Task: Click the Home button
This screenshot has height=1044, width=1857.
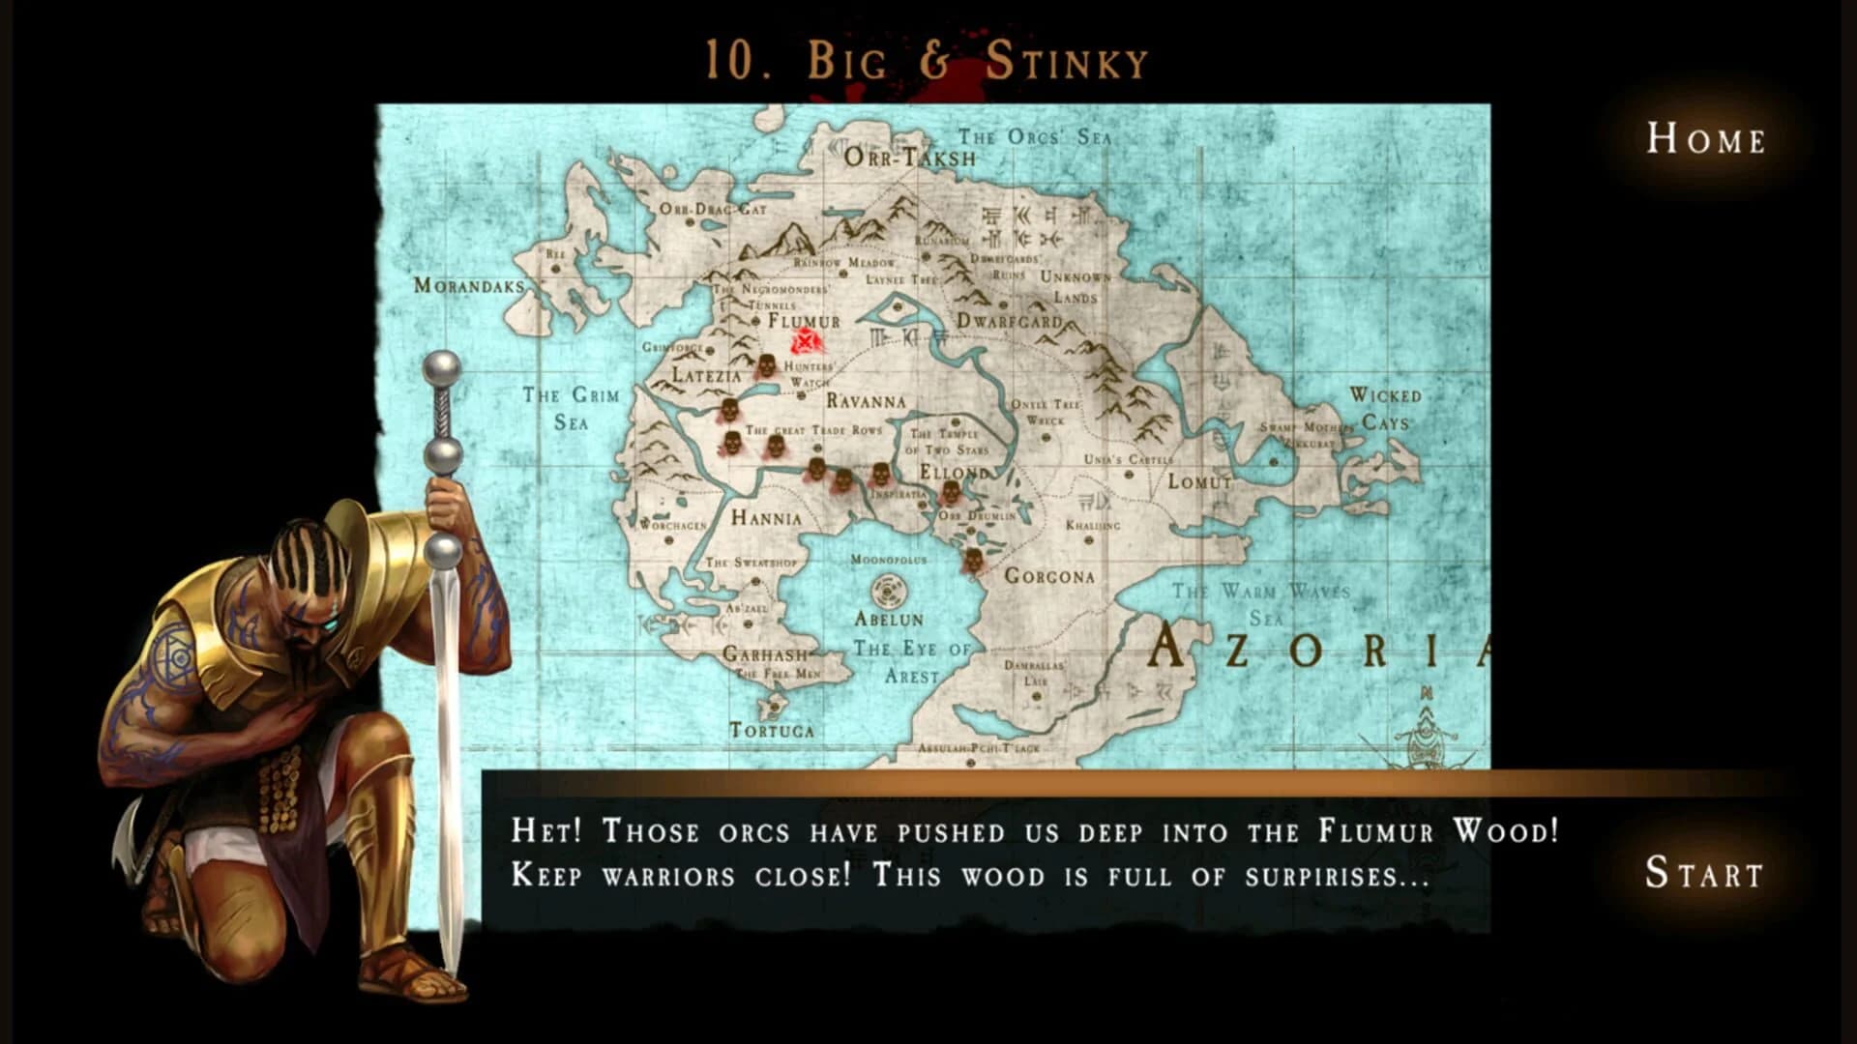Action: click(x=1706, y=139)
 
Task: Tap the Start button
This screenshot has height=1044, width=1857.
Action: click(x=1704, y=873)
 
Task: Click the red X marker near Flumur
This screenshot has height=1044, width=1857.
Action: click(x=806, y=341)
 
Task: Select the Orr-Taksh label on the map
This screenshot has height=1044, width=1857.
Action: click(x=909, y=157)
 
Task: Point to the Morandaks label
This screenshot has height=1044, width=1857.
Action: click(x=469, y=285)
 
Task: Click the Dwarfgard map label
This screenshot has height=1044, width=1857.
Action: click(x=1009, y=320)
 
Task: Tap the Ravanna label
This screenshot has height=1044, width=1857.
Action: click(x=866, y=400)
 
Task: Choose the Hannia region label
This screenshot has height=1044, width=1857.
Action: click(x=766, y=518)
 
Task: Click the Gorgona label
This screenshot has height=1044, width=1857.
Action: click(x=1049, y=576)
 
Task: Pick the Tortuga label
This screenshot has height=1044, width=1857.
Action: click(x=771, y=730)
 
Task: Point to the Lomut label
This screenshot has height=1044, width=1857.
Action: click(x=1199, y=480)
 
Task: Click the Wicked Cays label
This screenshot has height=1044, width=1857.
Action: click(x=1385, y=408)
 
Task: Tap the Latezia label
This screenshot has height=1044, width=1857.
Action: click(x=706, y=375)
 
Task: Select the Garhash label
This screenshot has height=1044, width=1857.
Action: click(x=765, y=653)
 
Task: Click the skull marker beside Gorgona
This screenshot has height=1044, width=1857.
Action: click(x=972, y=561)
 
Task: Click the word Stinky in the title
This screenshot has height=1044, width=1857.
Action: click(x=1066, y=62)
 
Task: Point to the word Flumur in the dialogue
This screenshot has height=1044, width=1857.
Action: click(x=1374, y=831)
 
